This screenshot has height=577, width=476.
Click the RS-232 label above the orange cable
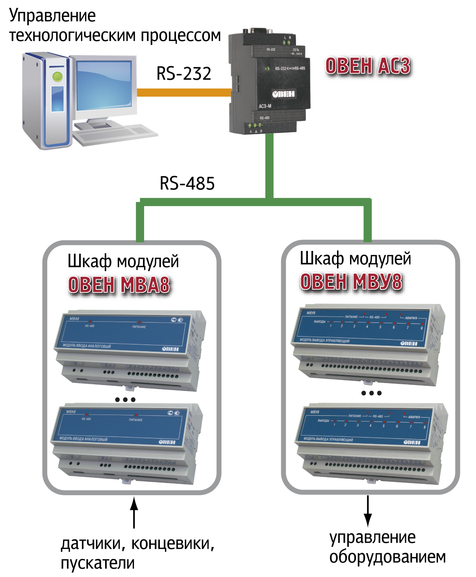pos(184,74)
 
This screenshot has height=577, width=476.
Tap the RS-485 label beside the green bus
pos(187,183)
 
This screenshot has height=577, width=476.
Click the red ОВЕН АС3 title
pos(368,66)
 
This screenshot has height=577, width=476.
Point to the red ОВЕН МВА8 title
pos(119,285)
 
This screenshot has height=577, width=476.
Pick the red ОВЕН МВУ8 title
pos(351,282)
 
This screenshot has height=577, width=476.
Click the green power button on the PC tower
pos(57,76)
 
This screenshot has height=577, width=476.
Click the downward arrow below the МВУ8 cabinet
pos(368,511)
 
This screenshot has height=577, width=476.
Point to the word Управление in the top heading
pos(52,16)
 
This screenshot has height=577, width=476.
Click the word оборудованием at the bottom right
pos(387,557)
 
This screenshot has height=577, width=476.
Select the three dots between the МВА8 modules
pos(125,400)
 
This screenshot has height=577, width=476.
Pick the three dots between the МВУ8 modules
pos(371,393)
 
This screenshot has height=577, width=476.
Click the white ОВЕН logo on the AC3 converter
pos(283,94)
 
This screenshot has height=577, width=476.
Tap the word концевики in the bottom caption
pos(172,544)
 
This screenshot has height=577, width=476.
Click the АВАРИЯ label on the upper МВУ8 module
pos(411,318)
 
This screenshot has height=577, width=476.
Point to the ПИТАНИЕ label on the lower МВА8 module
pos(135,420)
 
